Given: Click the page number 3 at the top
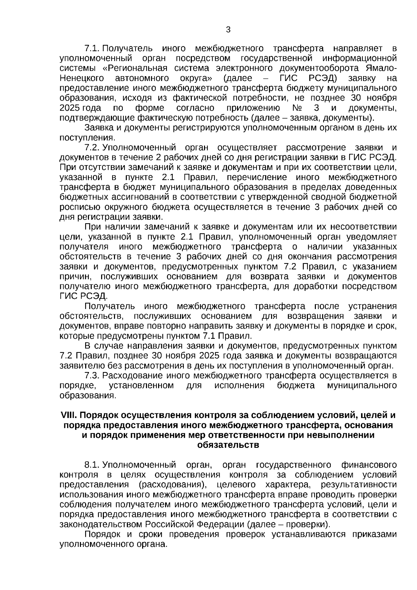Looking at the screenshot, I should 228,30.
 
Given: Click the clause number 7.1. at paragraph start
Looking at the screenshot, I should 92,48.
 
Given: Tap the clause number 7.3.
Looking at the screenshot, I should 92,375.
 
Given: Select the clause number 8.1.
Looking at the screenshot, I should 92,465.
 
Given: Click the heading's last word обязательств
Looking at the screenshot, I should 228,445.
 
